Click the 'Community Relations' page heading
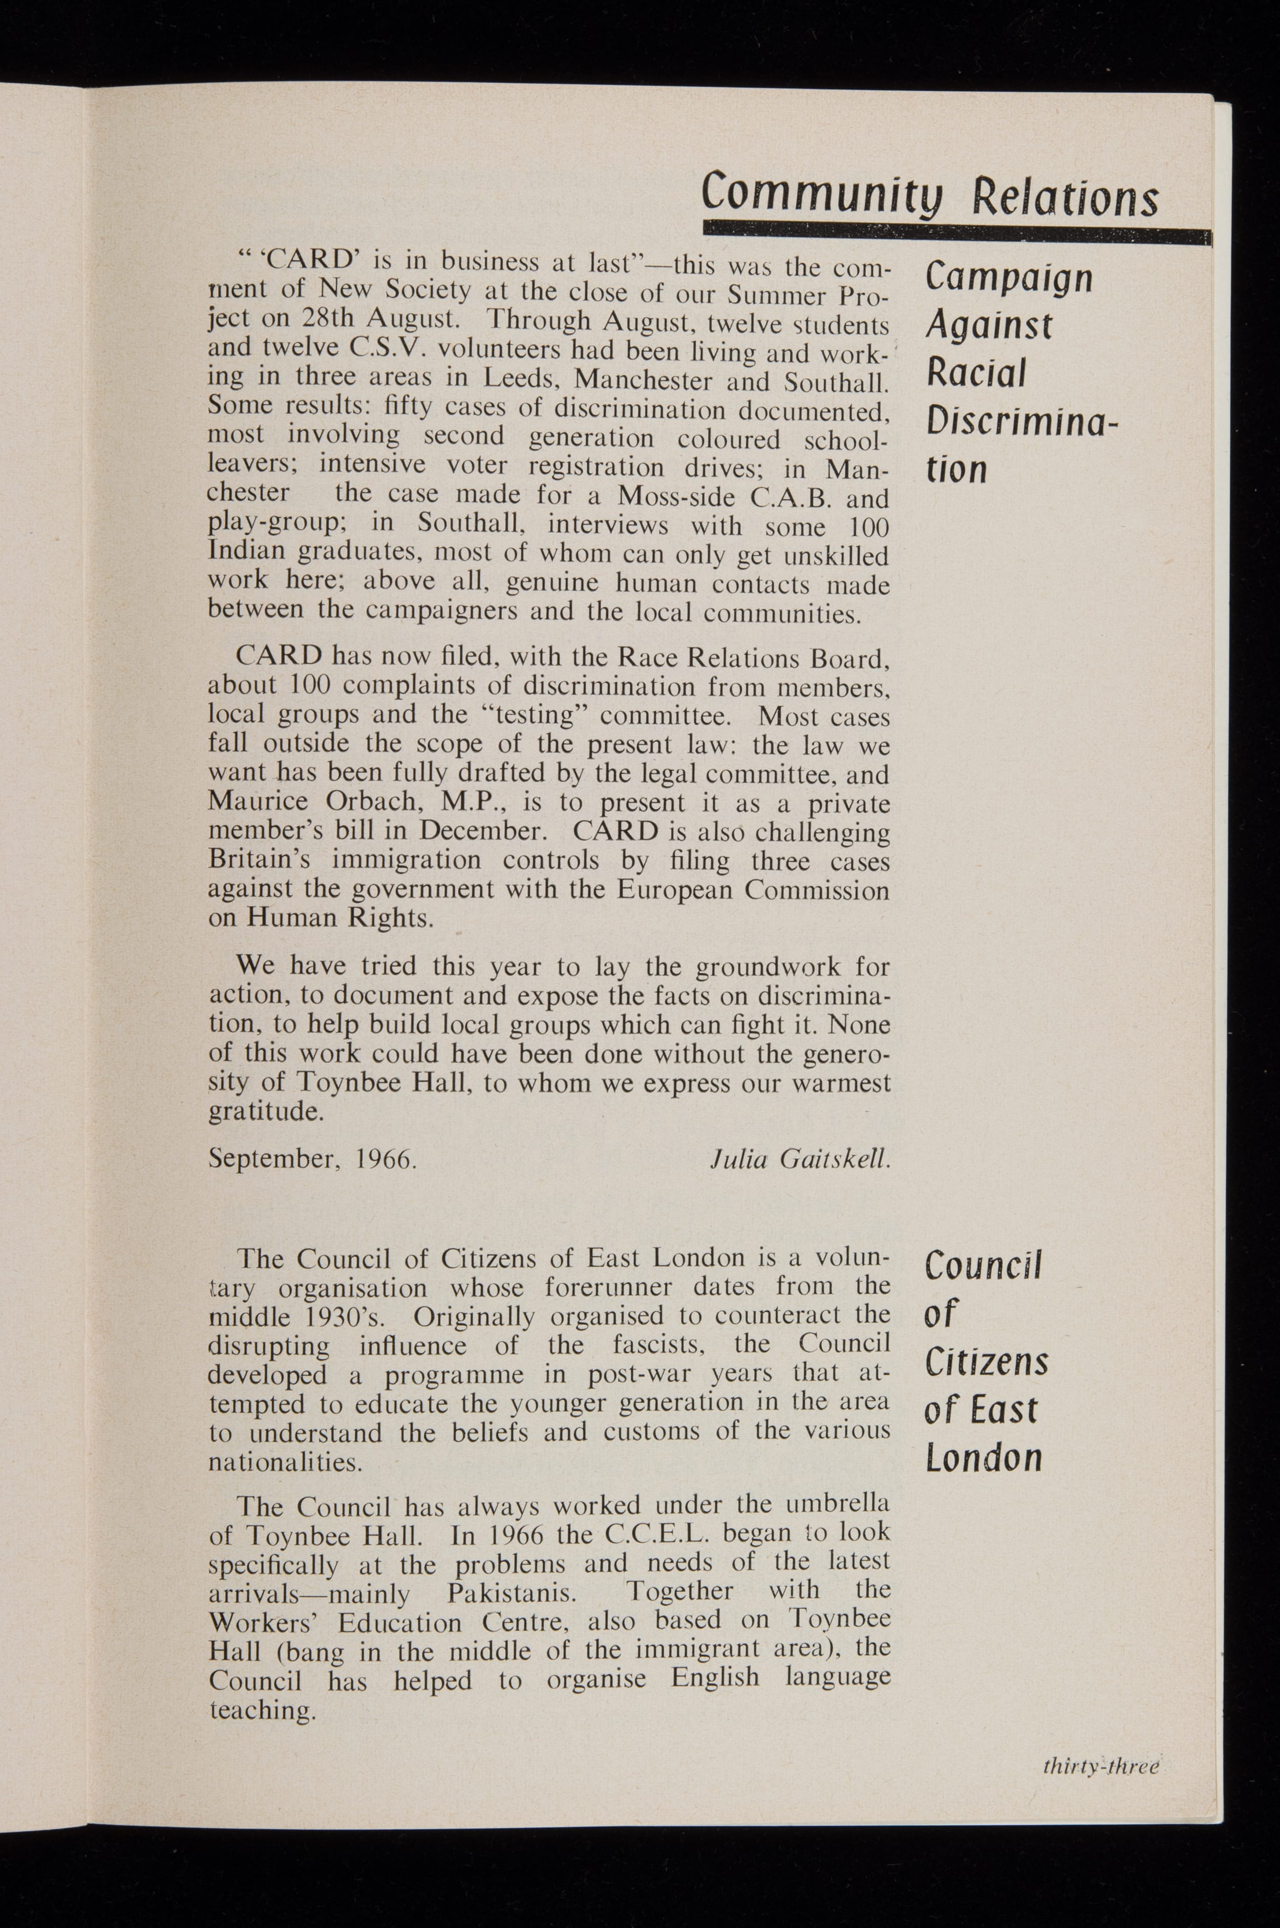tap(929, 193)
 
